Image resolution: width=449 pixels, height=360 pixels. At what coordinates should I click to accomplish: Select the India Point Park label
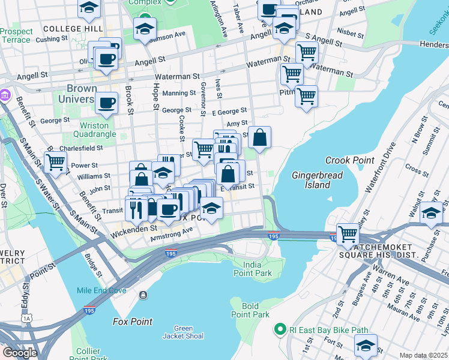coord(257,269)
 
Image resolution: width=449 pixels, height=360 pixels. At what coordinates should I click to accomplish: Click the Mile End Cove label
coord(101,290)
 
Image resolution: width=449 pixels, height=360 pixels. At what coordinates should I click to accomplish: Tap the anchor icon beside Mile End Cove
coord(143,295)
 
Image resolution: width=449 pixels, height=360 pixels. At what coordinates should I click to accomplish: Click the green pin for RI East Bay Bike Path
coord(279,329)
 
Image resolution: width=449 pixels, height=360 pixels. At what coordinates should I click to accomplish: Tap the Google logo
coord(20,353)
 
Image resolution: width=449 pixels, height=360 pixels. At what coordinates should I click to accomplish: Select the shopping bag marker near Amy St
coord(259,137)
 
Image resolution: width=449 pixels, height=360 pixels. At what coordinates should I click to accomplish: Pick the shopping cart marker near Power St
coord(55,161)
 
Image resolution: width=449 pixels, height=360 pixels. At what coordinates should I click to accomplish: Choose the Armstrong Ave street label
coord(172,233)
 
